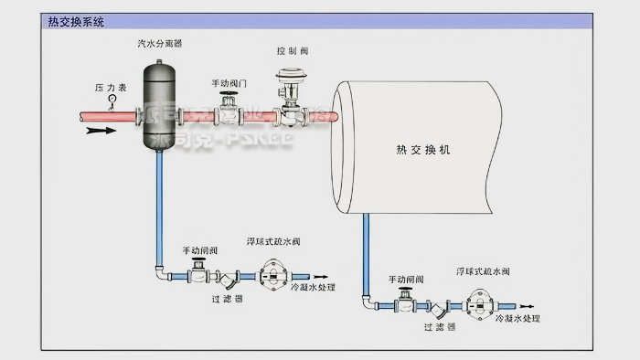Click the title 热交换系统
77,21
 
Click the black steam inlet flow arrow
102,131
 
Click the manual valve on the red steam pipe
228,113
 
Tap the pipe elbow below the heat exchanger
367,300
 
